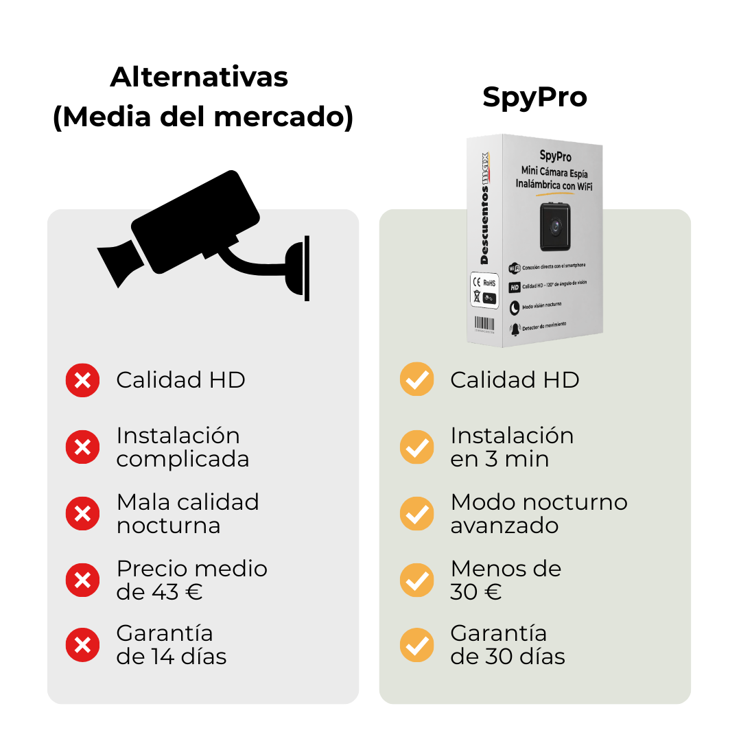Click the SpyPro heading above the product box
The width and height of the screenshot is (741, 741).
coord(534,97)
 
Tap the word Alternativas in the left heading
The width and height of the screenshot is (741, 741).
coord(199,76)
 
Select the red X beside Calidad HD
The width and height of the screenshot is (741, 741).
coord(82,380)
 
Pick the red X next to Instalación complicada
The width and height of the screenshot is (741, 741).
coord(82,447)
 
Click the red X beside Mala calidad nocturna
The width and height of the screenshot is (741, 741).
coord(82,514)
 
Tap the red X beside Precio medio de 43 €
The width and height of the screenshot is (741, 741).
coord(82,580)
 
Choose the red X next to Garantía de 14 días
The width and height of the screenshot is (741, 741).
coord(82,645)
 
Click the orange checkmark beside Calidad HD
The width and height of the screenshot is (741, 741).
coord(416,379)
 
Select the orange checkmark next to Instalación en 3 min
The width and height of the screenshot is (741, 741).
coord(416,447)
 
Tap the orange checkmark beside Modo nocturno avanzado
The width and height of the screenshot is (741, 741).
coord(416,514)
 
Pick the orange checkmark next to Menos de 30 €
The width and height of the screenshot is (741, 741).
coord(416,580)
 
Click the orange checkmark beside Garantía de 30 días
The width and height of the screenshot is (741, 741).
coord(416,645)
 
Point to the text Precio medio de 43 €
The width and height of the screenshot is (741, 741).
coord(191,580)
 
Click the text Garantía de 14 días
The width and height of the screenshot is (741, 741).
coord(171,645)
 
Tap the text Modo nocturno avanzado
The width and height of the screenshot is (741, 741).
coord(539,514)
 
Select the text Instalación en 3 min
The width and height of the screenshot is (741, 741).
coord(512,447)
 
